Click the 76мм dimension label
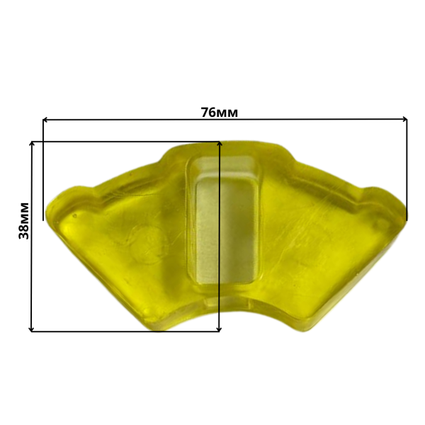point(220,112)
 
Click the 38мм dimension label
point(24,220)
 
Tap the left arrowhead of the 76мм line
point(45,120)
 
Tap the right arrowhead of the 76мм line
point(404,119)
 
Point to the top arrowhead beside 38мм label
point(32,143)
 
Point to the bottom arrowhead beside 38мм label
point(32,329)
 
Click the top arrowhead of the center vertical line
point(220,143)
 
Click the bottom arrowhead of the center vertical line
point(220,329)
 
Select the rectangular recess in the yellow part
point(225,220)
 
